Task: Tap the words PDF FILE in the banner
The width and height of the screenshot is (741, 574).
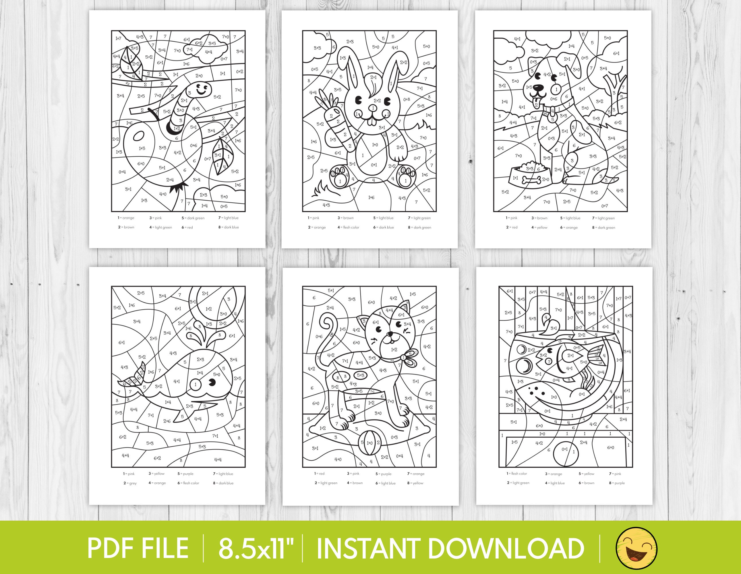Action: point(138,548)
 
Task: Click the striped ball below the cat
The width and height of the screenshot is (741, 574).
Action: point(369,443)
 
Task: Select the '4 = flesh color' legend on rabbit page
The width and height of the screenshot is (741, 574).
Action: point(348,227)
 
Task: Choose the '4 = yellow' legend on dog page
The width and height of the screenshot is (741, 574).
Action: point(539,227)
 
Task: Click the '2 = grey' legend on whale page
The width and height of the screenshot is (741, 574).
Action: point(130,483)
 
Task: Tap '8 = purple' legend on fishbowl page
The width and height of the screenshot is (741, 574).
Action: point(616,483)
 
